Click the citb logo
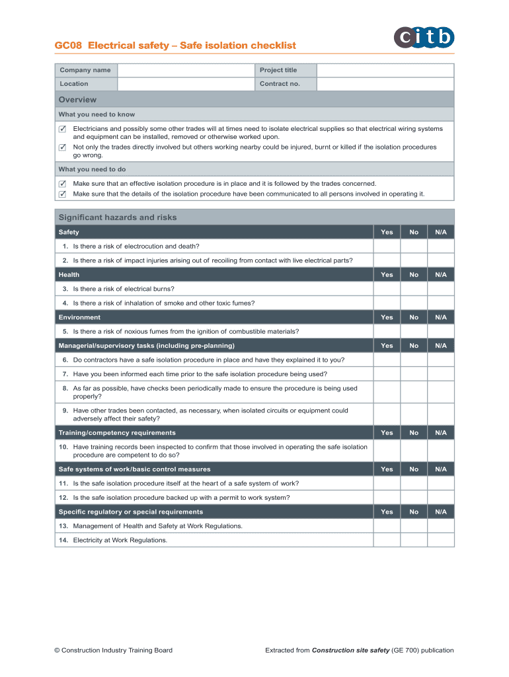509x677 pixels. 426,37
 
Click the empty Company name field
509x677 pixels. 186,70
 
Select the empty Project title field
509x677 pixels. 385,70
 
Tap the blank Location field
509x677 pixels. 186,84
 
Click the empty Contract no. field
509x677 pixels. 385,84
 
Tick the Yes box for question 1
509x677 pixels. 387,246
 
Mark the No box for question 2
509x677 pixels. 414,260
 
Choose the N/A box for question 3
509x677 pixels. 441,289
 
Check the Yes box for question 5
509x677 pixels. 387,331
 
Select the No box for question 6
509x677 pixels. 414,360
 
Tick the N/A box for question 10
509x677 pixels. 441,451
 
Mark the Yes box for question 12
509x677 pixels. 387,498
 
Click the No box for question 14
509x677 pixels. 414,540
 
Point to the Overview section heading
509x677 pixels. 77,100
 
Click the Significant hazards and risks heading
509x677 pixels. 118,218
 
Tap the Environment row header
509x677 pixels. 79,317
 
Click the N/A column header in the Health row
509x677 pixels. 441,275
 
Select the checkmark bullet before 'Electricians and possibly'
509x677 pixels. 62,129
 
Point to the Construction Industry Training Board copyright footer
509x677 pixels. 113,651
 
